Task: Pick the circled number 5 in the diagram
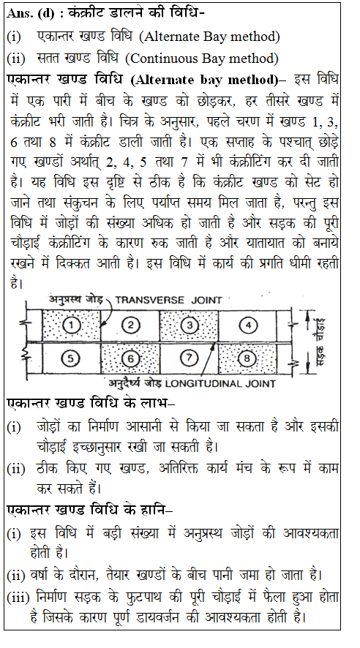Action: click(x=70, y=358)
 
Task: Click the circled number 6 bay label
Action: click(x=131, y=358)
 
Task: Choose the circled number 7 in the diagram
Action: click(x=189, y=358)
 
